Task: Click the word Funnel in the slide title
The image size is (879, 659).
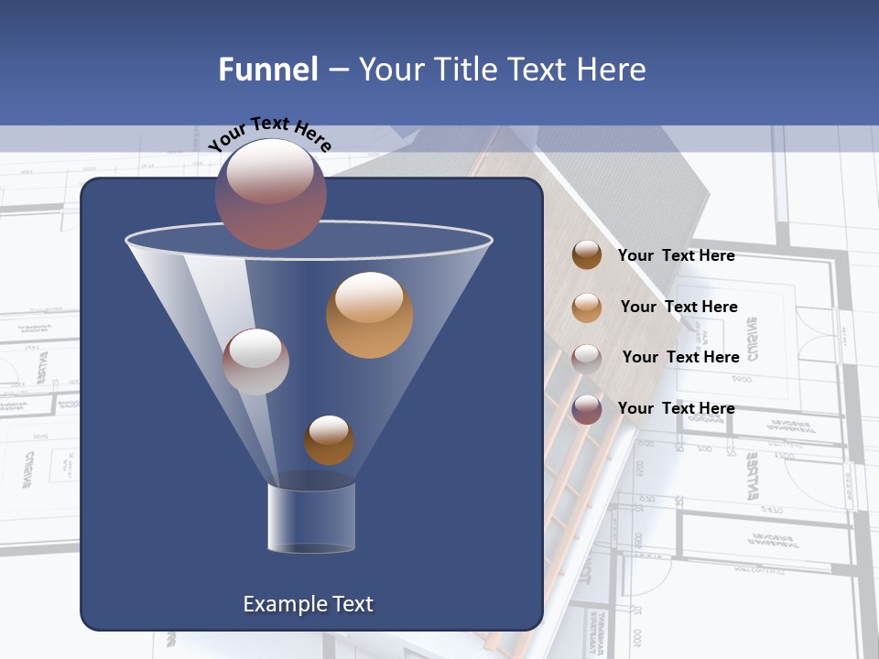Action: (268, 70)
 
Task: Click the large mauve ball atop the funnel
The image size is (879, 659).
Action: (271, 193)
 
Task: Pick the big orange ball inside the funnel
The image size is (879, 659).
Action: (369, 314)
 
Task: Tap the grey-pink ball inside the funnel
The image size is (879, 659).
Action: (256, 362)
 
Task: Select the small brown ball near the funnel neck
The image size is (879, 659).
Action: (329, 440)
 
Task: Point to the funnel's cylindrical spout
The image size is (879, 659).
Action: (311, 517)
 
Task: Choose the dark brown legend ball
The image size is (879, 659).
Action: (586, 255)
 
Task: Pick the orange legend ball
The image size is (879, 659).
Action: (586, 307)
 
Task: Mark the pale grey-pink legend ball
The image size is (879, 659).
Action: (586, 358)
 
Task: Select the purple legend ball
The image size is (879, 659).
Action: (586, 409)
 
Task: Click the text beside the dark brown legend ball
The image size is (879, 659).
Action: (676, 256)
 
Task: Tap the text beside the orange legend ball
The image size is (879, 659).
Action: (678, 308)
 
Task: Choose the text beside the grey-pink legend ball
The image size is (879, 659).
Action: (680, 358)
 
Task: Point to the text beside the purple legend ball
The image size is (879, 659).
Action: (676, 408)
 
